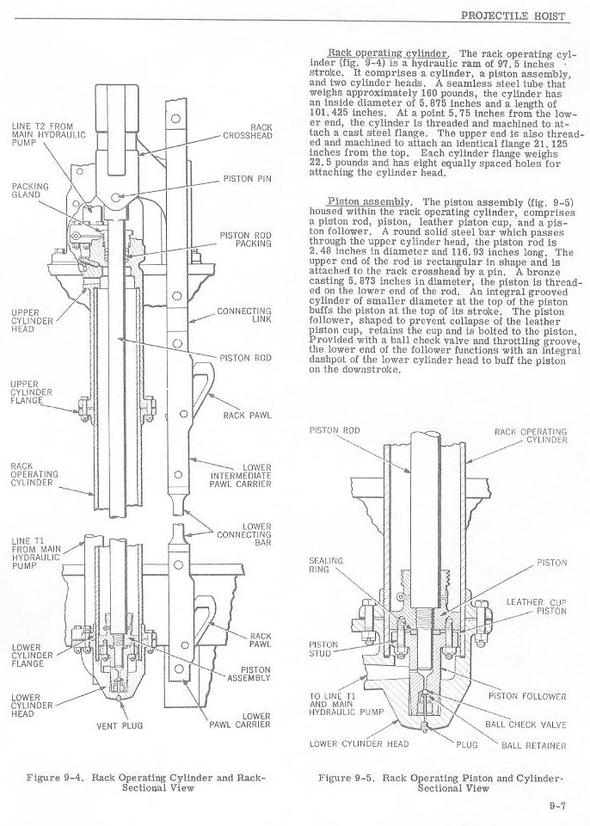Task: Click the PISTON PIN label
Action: pyautogui.click(x=247, y=179)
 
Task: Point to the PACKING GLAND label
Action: pyautogui.click(x=29, y=190)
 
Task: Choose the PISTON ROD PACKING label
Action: pyautogui.click(x=245, y=238)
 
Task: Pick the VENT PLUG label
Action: pyautogui.click(x=120, y=725)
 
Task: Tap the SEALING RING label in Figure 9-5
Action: pyautogui.click(x=325, y=565)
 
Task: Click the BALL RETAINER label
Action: pyautogui.click(x=533, y=745)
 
